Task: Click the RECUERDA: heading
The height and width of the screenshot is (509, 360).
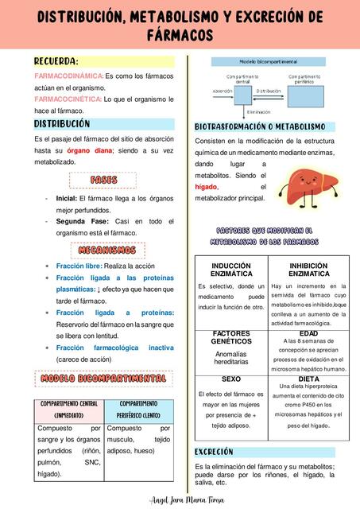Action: (x=56, y=61)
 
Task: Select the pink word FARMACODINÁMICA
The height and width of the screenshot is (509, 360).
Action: (x=68, y=76)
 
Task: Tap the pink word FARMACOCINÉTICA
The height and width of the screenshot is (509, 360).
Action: (x=68, y=99)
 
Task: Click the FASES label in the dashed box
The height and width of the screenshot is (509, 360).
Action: (x=103, y=180)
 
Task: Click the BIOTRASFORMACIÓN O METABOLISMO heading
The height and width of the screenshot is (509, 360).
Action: (x=260, y=127)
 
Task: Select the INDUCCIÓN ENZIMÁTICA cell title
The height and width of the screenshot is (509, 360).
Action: (x=231, y=269)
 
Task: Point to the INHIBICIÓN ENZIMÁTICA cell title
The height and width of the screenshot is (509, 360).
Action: (x=308, y=269)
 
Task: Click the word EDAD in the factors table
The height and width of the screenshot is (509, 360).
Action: (x=308, y=333)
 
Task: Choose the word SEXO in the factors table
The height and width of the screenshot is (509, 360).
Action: (x=231, y=379)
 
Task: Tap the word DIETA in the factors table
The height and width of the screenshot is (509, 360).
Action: (x=308, y=379)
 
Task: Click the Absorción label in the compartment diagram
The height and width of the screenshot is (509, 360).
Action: (x=223, y=91)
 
